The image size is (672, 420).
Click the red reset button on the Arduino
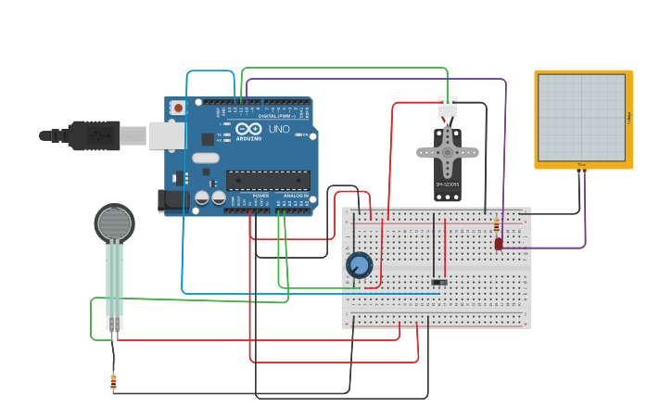point(178,108)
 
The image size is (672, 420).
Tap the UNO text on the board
point(279,129)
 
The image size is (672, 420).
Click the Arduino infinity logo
point(248,130)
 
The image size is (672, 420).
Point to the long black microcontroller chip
point(268,180)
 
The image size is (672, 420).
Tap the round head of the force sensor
point(114,223)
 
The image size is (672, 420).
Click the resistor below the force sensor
point(113,380)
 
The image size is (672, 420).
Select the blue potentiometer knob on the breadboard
point(360,266)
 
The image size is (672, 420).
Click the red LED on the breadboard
point(499,244)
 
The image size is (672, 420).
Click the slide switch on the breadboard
point(439,282)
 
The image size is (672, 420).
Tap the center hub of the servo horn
point(448,152)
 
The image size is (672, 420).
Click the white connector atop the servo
point(448,107)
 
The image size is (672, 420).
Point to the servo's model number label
point(447,185)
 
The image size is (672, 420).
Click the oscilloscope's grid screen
point(581,117)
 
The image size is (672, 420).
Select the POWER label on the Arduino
point(260,196)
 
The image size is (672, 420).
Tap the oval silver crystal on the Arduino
point(206,158)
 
